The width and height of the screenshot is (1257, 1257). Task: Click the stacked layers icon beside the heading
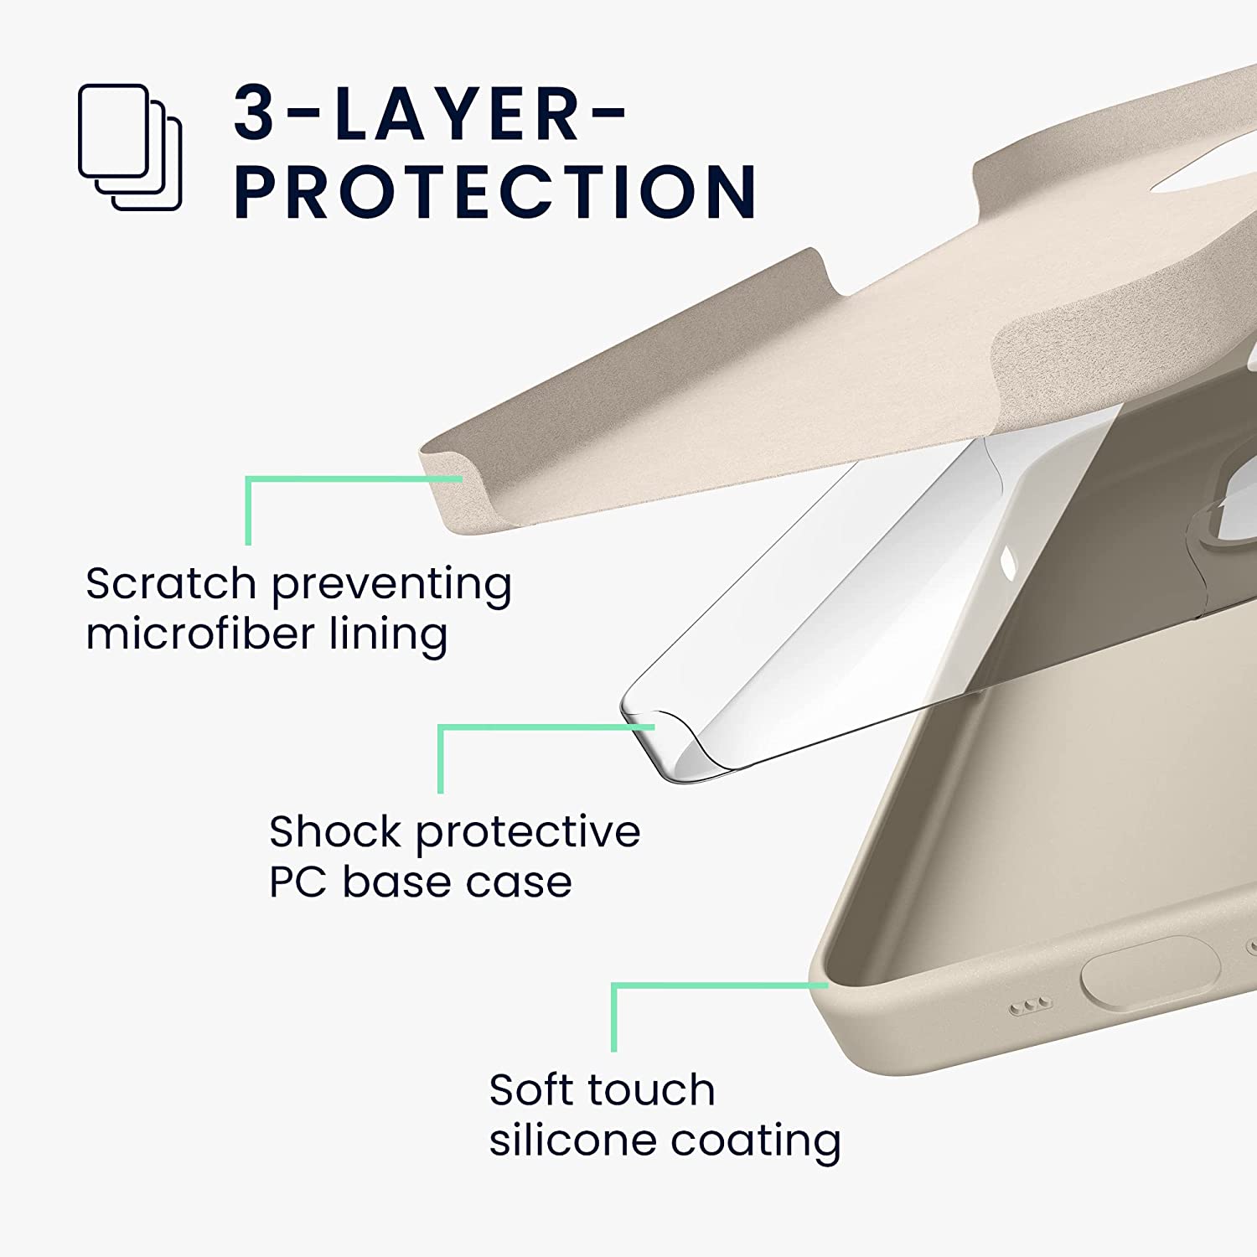130,147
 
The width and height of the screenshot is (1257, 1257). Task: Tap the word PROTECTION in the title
494,192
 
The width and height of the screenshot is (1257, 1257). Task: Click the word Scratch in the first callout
170,583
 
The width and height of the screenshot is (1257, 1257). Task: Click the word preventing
391,585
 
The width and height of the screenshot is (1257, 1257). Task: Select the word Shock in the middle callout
334,832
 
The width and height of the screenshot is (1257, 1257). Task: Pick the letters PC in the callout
297,882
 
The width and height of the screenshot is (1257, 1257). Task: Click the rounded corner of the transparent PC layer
662,737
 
